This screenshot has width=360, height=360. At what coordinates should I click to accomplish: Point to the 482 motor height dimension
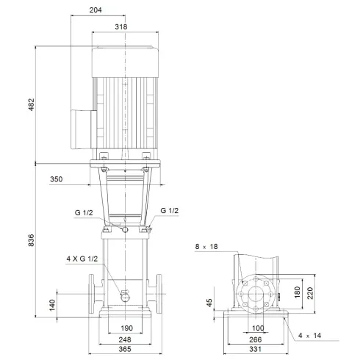pyautogui.click(x=31, y=104)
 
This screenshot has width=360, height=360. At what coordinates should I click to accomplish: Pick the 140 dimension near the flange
pyautogui.click(x=52, y=303)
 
